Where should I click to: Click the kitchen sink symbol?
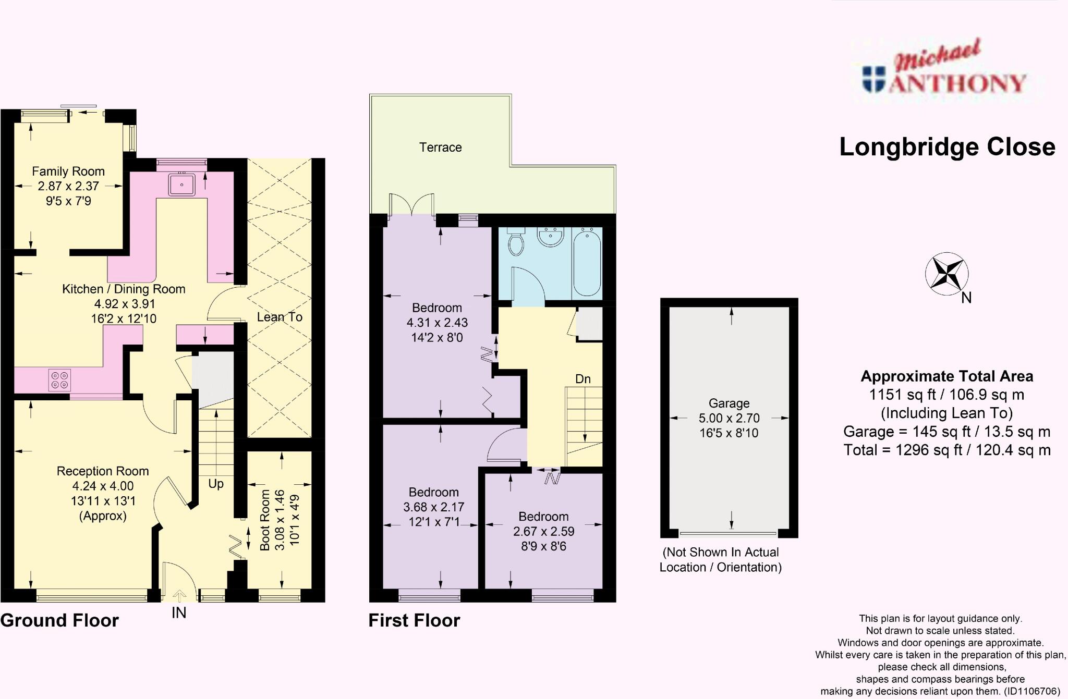181,185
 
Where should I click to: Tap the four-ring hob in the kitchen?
59,380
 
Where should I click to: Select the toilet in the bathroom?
516,242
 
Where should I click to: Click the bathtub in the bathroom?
587,262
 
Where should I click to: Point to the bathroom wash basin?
550,237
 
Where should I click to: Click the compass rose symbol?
946,274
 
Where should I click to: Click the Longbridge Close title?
947,148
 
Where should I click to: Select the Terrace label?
440,148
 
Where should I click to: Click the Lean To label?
280,317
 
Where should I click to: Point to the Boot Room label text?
265,520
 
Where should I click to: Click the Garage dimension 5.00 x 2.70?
729,418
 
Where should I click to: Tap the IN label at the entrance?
179,613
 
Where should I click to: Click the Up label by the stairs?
216,484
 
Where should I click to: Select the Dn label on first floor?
583,379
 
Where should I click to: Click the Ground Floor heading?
59,620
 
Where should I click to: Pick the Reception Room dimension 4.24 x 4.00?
103,486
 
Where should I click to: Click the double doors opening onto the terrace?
412,205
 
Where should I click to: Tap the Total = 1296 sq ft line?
946,450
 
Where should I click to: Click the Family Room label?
68,171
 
